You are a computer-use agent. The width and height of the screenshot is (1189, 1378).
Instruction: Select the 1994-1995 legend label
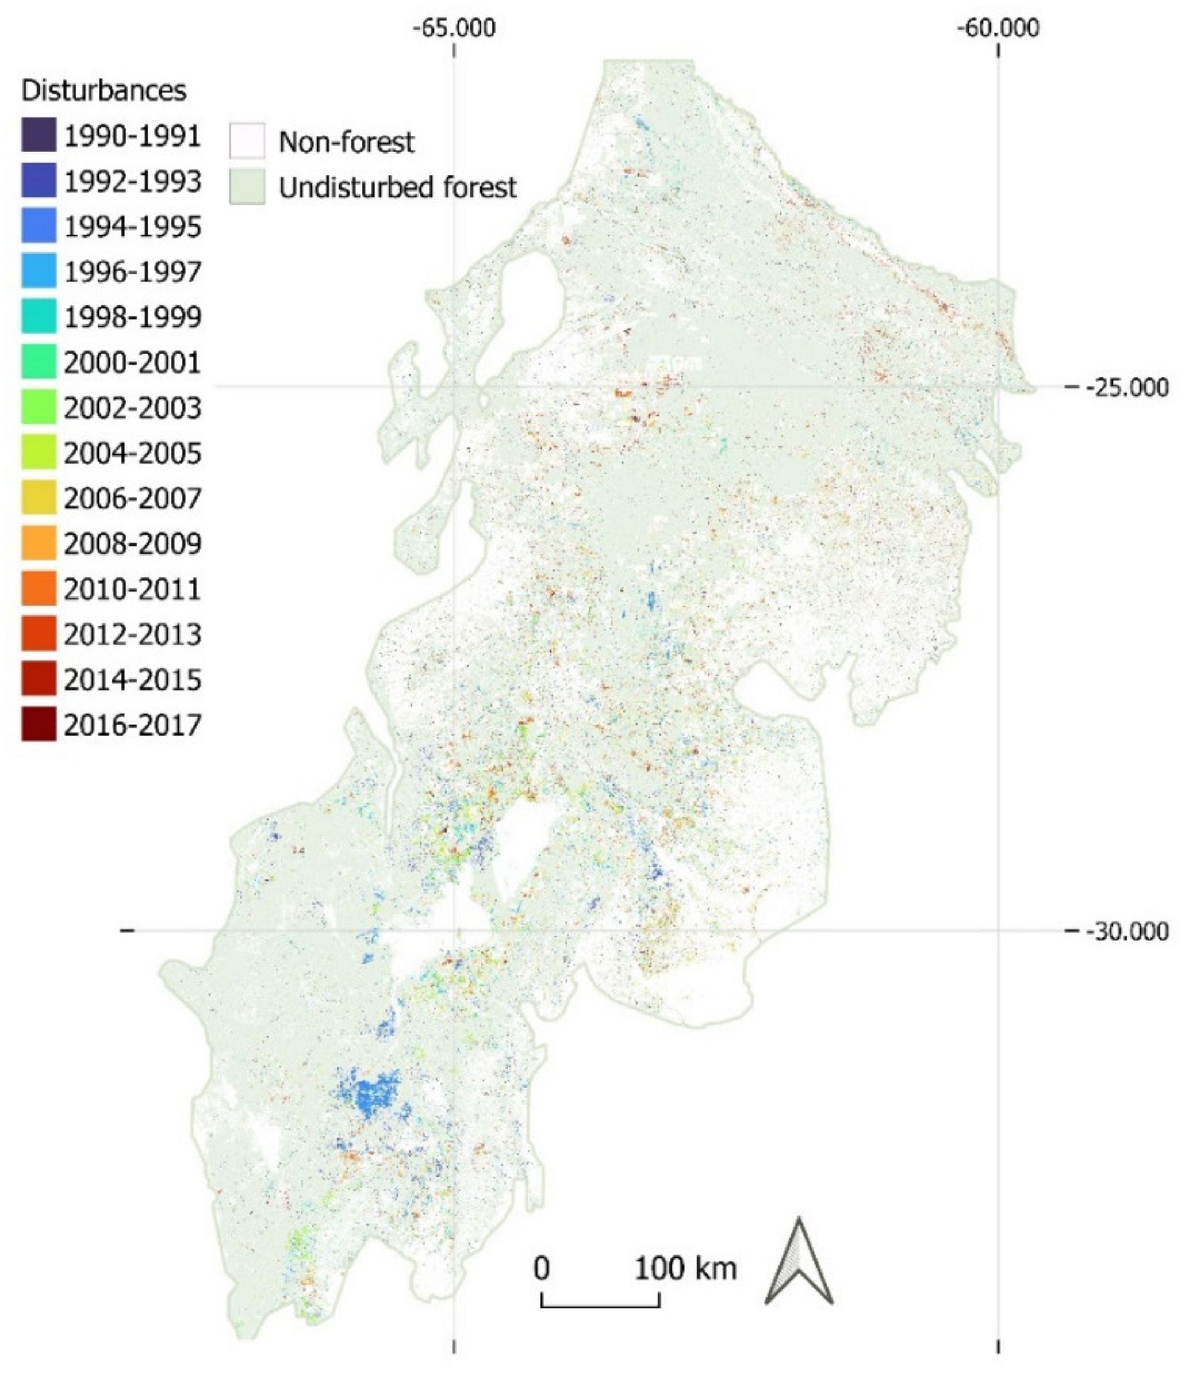(x=132, y=227)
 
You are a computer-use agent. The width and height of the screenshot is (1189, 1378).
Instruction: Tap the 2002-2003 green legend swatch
(x=39, y=407)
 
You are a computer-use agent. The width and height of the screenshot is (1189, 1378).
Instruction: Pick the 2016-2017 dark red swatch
(x=39, y=724)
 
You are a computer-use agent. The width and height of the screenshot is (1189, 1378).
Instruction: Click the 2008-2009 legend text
(x=132, y=544)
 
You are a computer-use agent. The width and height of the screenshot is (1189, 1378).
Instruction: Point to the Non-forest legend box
(x=247, y=141)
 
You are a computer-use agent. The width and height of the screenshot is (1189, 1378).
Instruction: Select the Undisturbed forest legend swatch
(x=247, y=187)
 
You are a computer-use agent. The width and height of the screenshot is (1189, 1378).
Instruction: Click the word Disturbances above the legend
(x=103, y=90)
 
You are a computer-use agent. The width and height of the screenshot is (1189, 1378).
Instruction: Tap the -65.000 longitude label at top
(x=454, y=29)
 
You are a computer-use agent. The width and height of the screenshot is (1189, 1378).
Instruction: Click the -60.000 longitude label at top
(x=998, y=29)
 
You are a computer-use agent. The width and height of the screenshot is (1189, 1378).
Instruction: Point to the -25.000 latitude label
(x=1126, y=387)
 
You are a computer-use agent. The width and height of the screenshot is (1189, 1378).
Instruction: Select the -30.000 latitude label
(x=1126, y=931)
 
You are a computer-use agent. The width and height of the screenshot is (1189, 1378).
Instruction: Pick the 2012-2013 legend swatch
(x=39, y=634)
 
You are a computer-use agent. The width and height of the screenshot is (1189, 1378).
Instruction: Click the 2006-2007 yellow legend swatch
(x=39, y=498)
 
